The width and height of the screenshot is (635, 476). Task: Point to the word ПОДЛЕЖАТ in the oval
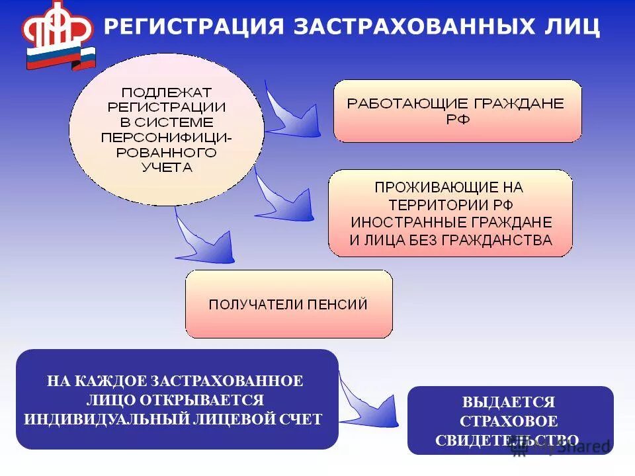click(167, 92)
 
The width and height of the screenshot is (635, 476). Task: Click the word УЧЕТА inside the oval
click(167, 167)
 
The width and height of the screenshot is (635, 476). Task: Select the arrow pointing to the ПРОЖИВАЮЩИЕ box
click(284, 198)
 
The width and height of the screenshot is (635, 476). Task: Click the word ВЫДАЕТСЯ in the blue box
click(509, 402)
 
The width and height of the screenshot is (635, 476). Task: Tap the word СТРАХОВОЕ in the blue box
click(509, 421)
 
